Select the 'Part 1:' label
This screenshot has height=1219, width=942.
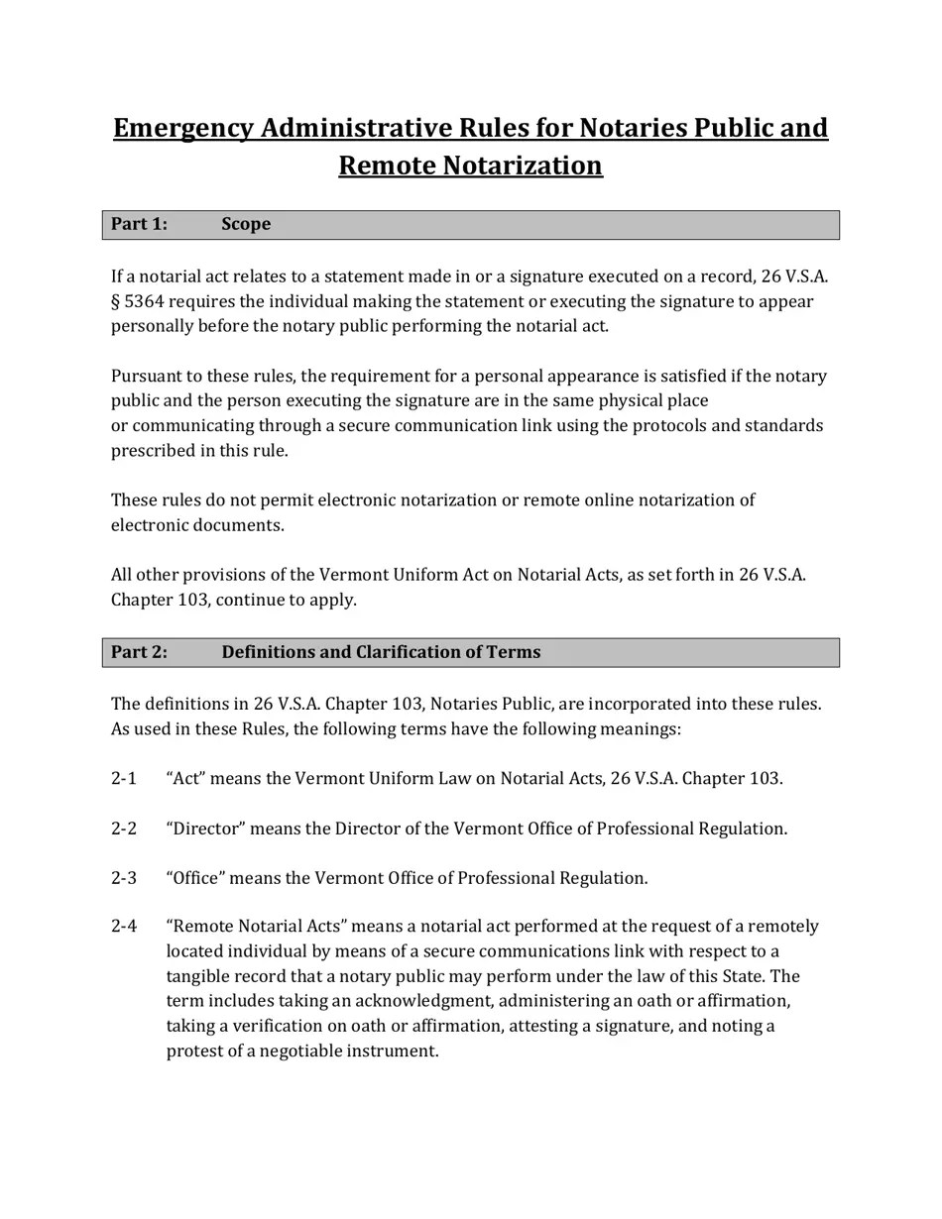pyautogui.click(x=139, y=225)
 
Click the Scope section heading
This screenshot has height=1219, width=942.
pyautogui.click(x=246, y=225)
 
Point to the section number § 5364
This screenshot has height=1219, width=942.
pyautogui.click(x=137, y=301)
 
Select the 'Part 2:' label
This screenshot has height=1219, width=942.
pyautogui.click(x=139, y=652)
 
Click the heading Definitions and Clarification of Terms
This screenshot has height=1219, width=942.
pyautogui.click(x=381, y=652)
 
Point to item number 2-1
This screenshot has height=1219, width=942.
pyautogui.click(x=124, y=779)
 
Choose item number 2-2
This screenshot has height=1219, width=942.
pyautogui.click(x=124, y=829)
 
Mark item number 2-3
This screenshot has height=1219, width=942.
pyautogui.click(x=124, y=878)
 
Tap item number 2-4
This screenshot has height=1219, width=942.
pyautogui.click(x=124, y=927)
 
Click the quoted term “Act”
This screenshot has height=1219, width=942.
pyautogui.click(x=186, y=779)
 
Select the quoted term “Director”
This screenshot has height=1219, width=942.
pyautogui.click(x=205, y=829)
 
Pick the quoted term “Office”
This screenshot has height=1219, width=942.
pyautogui.click(x=196, y=878)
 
